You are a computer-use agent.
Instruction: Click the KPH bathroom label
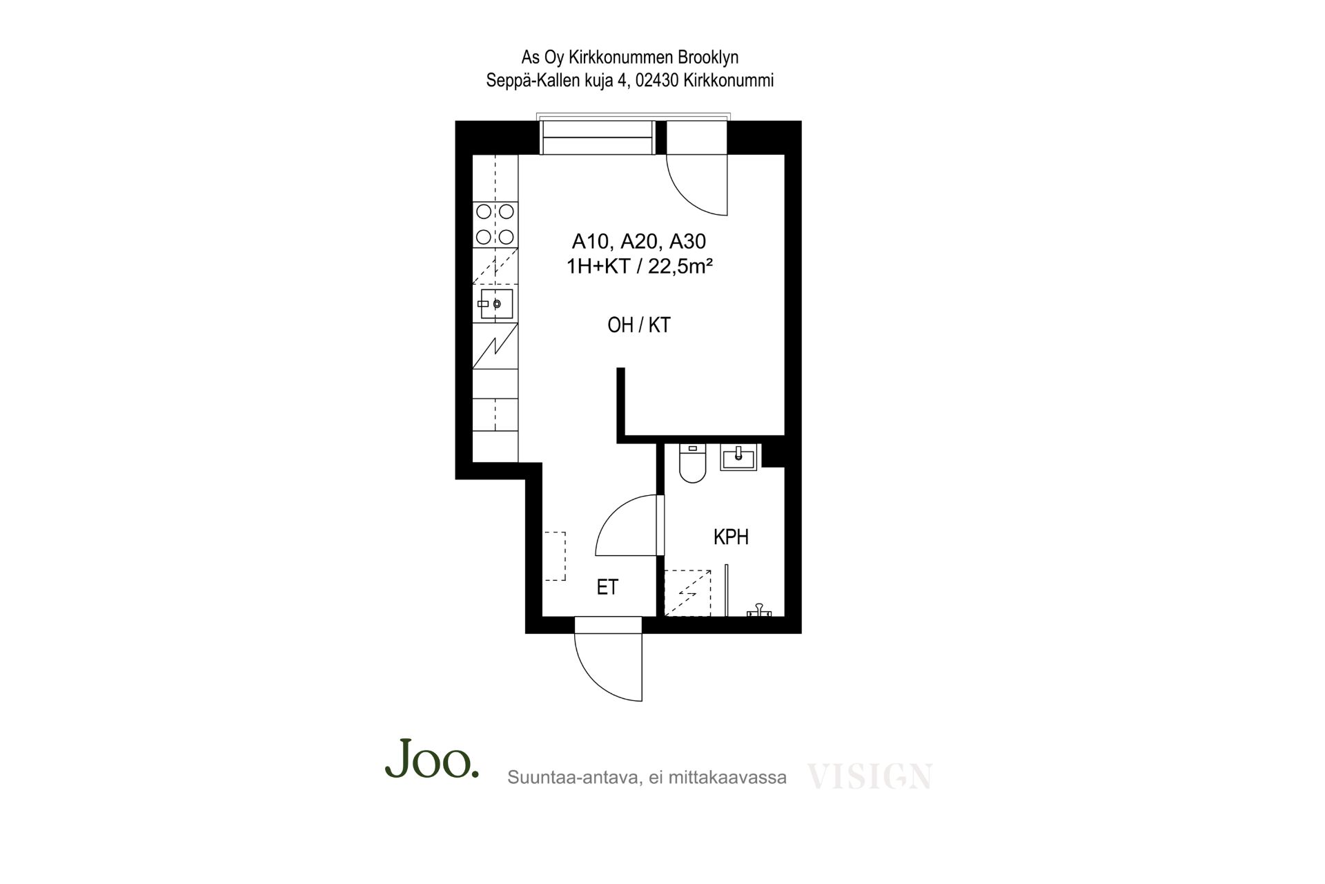point(731,537)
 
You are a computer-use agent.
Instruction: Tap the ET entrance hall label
point(607,587)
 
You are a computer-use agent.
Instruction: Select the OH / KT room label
point(639,325)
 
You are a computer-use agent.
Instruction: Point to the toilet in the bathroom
point(691,463)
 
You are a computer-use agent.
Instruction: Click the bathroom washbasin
point(738,457)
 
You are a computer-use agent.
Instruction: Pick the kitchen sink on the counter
point(495,304)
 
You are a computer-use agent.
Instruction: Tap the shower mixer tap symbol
point(760,611)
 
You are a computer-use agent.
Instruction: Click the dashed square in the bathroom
point(687,593)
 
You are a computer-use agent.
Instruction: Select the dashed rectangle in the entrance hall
point(554,556)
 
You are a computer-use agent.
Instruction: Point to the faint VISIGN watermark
point(870,776)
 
